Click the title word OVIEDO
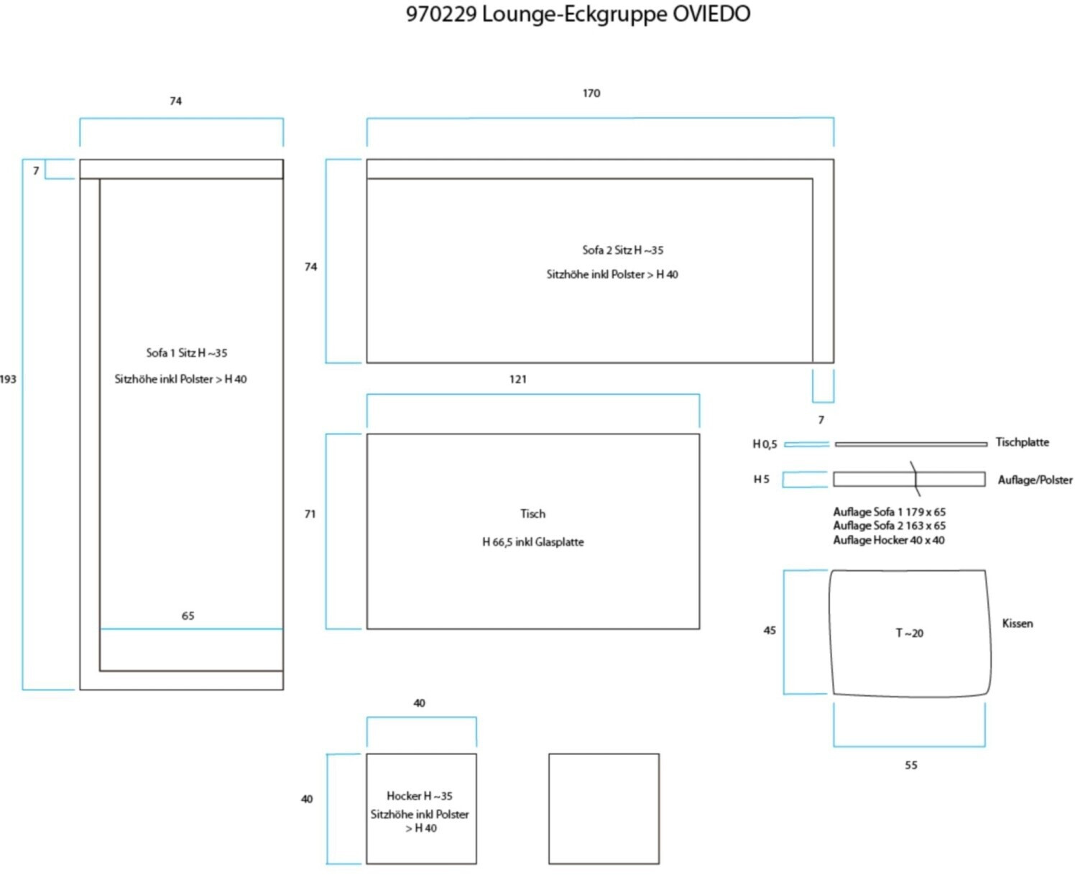[x=711, y=14]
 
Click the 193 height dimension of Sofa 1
[x=9, y=380]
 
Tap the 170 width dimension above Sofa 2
[x=591, y=93]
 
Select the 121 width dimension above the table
[x=518, y=380]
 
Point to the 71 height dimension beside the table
[x=310, y=514]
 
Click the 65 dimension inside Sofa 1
[x=188, y=616]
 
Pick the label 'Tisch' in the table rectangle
[x=532, y=514]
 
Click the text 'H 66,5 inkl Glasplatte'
[x=532, y=542]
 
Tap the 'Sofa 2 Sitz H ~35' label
[x=622, y=250]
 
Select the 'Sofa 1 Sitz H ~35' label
[x=186, y=353]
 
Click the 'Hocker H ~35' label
[x=420, y=796]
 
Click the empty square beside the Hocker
[x=604, y=809]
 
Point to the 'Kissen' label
[x=1018, y=623]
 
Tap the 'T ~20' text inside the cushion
[x=909, y=633]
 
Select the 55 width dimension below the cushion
[x=910, y=766]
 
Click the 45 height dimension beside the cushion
[x=770, y=631]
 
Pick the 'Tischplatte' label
[x=1022, y=442]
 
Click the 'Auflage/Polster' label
[x=1035, y=480]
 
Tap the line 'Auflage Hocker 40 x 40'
[x=889, y=540]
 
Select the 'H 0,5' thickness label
[x=765, y=444]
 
